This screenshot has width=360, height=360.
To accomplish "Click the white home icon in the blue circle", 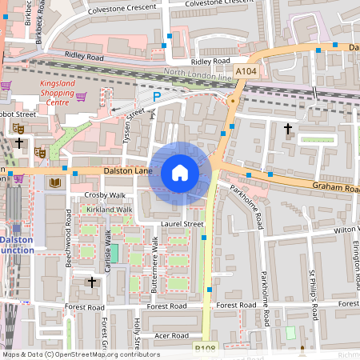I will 180,173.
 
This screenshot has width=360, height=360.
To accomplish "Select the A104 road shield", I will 246,72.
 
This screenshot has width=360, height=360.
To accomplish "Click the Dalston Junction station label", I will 17,244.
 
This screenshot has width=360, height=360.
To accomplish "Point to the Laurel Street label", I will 182,225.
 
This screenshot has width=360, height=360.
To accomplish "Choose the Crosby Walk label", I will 106,195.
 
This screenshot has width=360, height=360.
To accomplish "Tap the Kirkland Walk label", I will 110,210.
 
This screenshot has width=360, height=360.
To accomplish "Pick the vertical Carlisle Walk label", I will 106,251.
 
